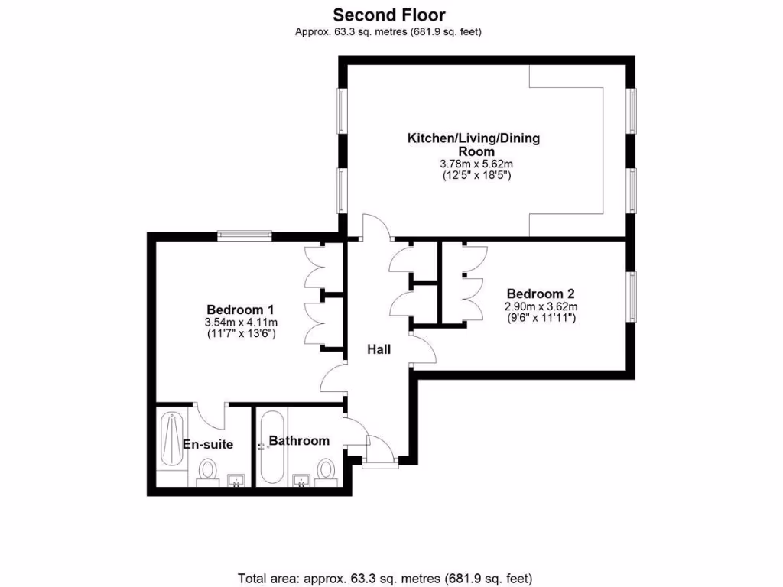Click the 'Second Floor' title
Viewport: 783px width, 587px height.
[x=388, y=15]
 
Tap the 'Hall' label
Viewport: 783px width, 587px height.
[x=379, y=349]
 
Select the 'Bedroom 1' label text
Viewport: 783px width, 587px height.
[x=240, y=310]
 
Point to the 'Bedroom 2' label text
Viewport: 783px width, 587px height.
[x=540, y=293]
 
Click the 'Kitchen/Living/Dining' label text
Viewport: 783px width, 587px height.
[x=473, y=138]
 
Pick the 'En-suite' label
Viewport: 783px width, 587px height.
[x=207, y=444]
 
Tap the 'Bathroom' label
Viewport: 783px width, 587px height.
[x=299, y=441]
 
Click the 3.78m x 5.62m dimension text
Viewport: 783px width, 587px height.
[x=476, y=164]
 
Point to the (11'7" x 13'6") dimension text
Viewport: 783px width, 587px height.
[x=240, y=334]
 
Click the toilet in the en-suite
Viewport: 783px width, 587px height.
[x=207, y=471]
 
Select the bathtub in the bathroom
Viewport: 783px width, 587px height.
[x=271, y=447]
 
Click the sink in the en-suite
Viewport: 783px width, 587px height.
[x=237, y=480]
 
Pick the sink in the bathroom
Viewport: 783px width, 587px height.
[x=302, y=480]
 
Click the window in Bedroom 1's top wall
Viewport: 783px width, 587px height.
[x=244, y=235]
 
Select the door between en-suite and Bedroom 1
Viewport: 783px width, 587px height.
[x=210, y=416]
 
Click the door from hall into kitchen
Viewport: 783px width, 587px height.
[x=375, y=228]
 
